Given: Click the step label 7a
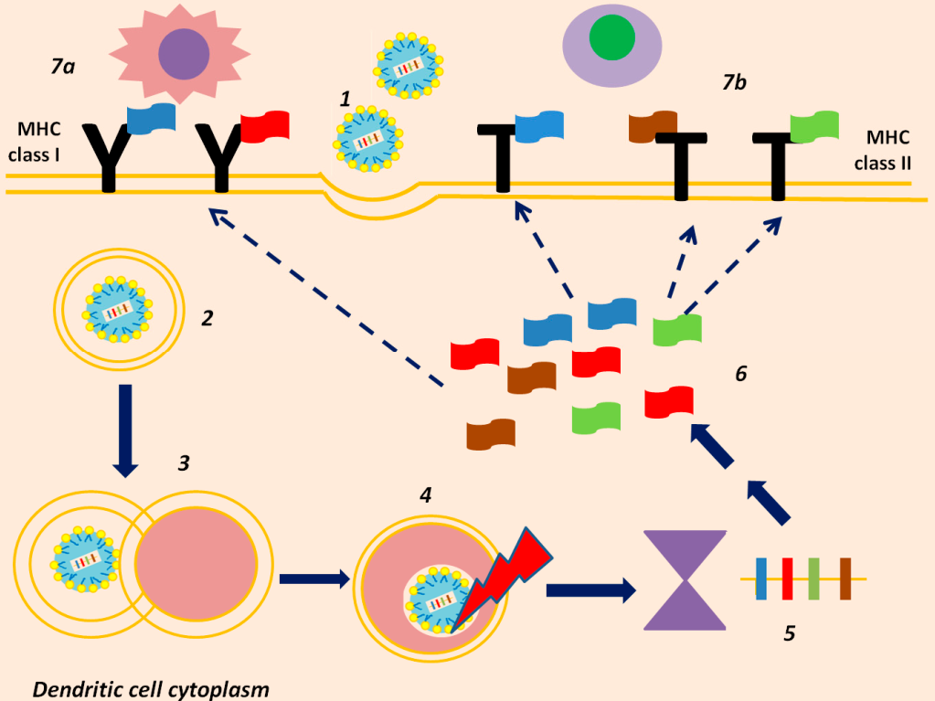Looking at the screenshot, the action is pyautogui.click(x=63, y=66).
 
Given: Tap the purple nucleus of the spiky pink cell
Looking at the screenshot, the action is pyautogui.click(x=184, y=54).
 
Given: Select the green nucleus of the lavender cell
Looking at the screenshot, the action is pyautogui.click(x=611, y=37).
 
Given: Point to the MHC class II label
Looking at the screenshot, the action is pyautogui.click(x=884, y=150).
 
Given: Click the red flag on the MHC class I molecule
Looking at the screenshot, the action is pyautogui.click(x=265, y=126).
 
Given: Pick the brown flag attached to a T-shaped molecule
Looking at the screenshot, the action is pyautogui.click(x=653, y=126).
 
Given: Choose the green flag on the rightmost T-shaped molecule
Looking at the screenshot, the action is pyautogui.click(x=814, y=126).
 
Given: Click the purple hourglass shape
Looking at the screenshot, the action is pyautogui.click(x=685, y=580).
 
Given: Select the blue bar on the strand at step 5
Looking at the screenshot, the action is pyautogui.click(x=760, y=579).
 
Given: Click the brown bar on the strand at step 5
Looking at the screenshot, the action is pyautogui.click(x=845, y=579).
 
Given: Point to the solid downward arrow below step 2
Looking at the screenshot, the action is pyautogui.click(x=125, y=431).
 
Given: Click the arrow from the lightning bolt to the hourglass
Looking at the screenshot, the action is pyautogui.click(x=591, y=590).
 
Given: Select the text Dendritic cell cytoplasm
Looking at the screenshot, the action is pyautogui.click(x=151, y=689).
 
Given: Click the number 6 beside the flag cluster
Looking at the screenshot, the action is pyautogui.click(x=740, y=374).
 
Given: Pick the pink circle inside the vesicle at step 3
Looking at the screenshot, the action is pyautogui.click(x=197, y=562).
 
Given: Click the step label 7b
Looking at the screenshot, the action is pyautogui.click(x=734, y=82).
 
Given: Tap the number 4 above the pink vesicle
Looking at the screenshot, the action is pyautogui.click(x=425, y=494).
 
